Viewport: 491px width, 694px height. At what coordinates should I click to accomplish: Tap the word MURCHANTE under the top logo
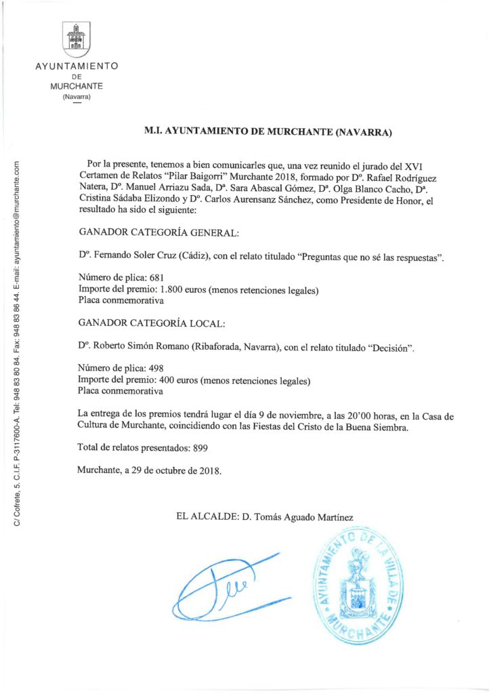point(77,87)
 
